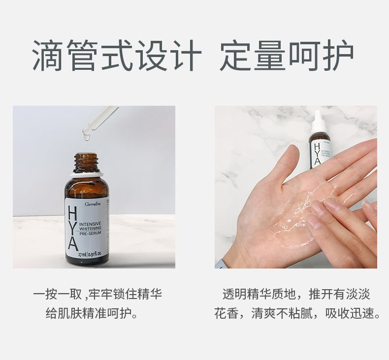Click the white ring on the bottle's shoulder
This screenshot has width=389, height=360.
point(86,175)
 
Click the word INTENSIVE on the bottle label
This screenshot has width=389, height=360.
point(90,224)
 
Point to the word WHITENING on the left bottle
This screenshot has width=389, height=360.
point(90,228)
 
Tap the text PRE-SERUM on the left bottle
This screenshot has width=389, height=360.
point(90,234)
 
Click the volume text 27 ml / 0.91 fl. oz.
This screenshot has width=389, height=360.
point(90,254)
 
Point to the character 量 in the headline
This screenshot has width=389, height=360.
point(269,55)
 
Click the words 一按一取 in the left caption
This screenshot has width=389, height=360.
point(58,294)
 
